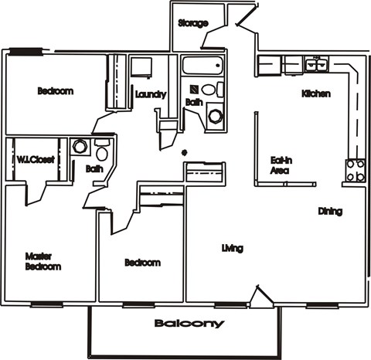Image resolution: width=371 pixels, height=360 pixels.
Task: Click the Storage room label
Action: coord(192,23)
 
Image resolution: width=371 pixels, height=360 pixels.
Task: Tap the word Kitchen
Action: coord(316,93)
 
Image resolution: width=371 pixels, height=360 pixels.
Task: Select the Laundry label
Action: coord(150,94)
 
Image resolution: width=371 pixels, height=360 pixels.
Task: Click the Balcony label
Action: coord(189,324)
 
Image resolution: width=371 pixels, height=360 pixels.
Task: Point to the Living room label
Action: coord(232,248)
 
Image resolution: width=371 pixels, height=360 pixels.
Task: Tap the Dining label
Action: coord(330,211)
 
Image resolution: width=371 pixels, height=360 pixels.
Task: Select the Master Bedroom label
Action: coord(43,261)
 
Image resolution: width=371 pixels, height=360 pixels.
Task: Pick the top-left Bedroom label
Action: coord(56,91)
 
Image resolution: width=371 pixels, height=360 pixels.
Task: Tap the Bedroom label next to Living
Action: coord(142,263)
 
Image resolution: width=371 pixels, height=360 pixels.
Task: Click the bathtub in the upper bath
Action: coord(202,65)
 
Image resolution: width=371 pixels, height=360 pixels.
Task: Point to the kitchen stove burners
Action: coord(355,170)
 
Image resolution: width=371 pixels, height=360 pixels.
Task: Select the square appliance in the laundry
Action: coord(140,66)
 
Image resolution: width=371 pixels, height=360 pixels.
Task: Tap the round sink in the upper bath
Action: coord(216,117)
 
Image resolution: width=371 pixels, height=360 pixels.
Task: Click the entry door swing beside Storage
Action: coord(246,19)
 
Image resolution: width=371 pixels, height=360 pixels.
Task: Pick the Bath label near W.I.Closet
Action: coord(94,168)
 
